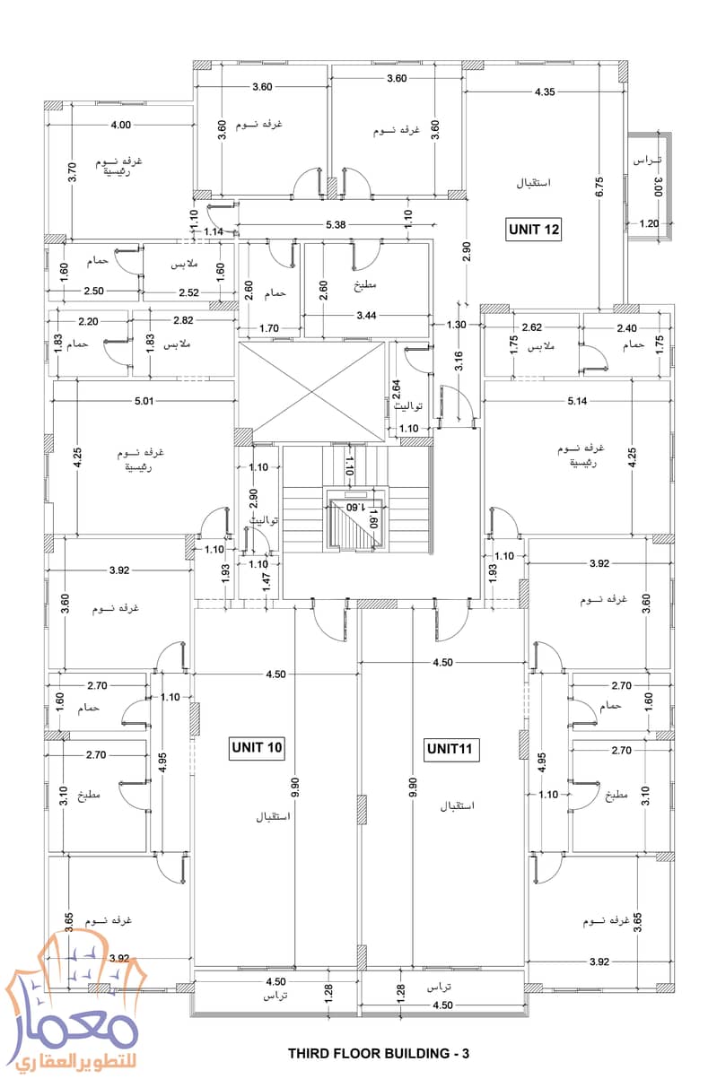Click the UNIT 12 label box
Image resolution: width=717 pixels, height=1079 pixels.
pos(534,230)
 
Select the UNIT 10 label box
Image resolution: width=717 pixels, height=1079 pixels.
pos(257,747)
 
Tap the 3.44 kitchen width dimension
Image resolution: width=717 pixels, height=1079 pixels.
pos(365,316)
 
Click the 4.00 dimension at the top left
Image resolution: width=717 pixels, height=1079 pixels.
pos(120,126)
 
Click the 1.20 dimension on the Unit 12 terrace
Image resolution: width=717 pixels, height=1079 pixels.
pos(650,223)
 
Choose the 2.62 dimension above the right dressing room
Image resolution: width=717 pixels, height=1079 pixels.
pos(531,327)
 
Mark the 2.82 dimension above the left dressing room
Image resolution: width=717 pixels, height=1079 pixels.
pos(183,320)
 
